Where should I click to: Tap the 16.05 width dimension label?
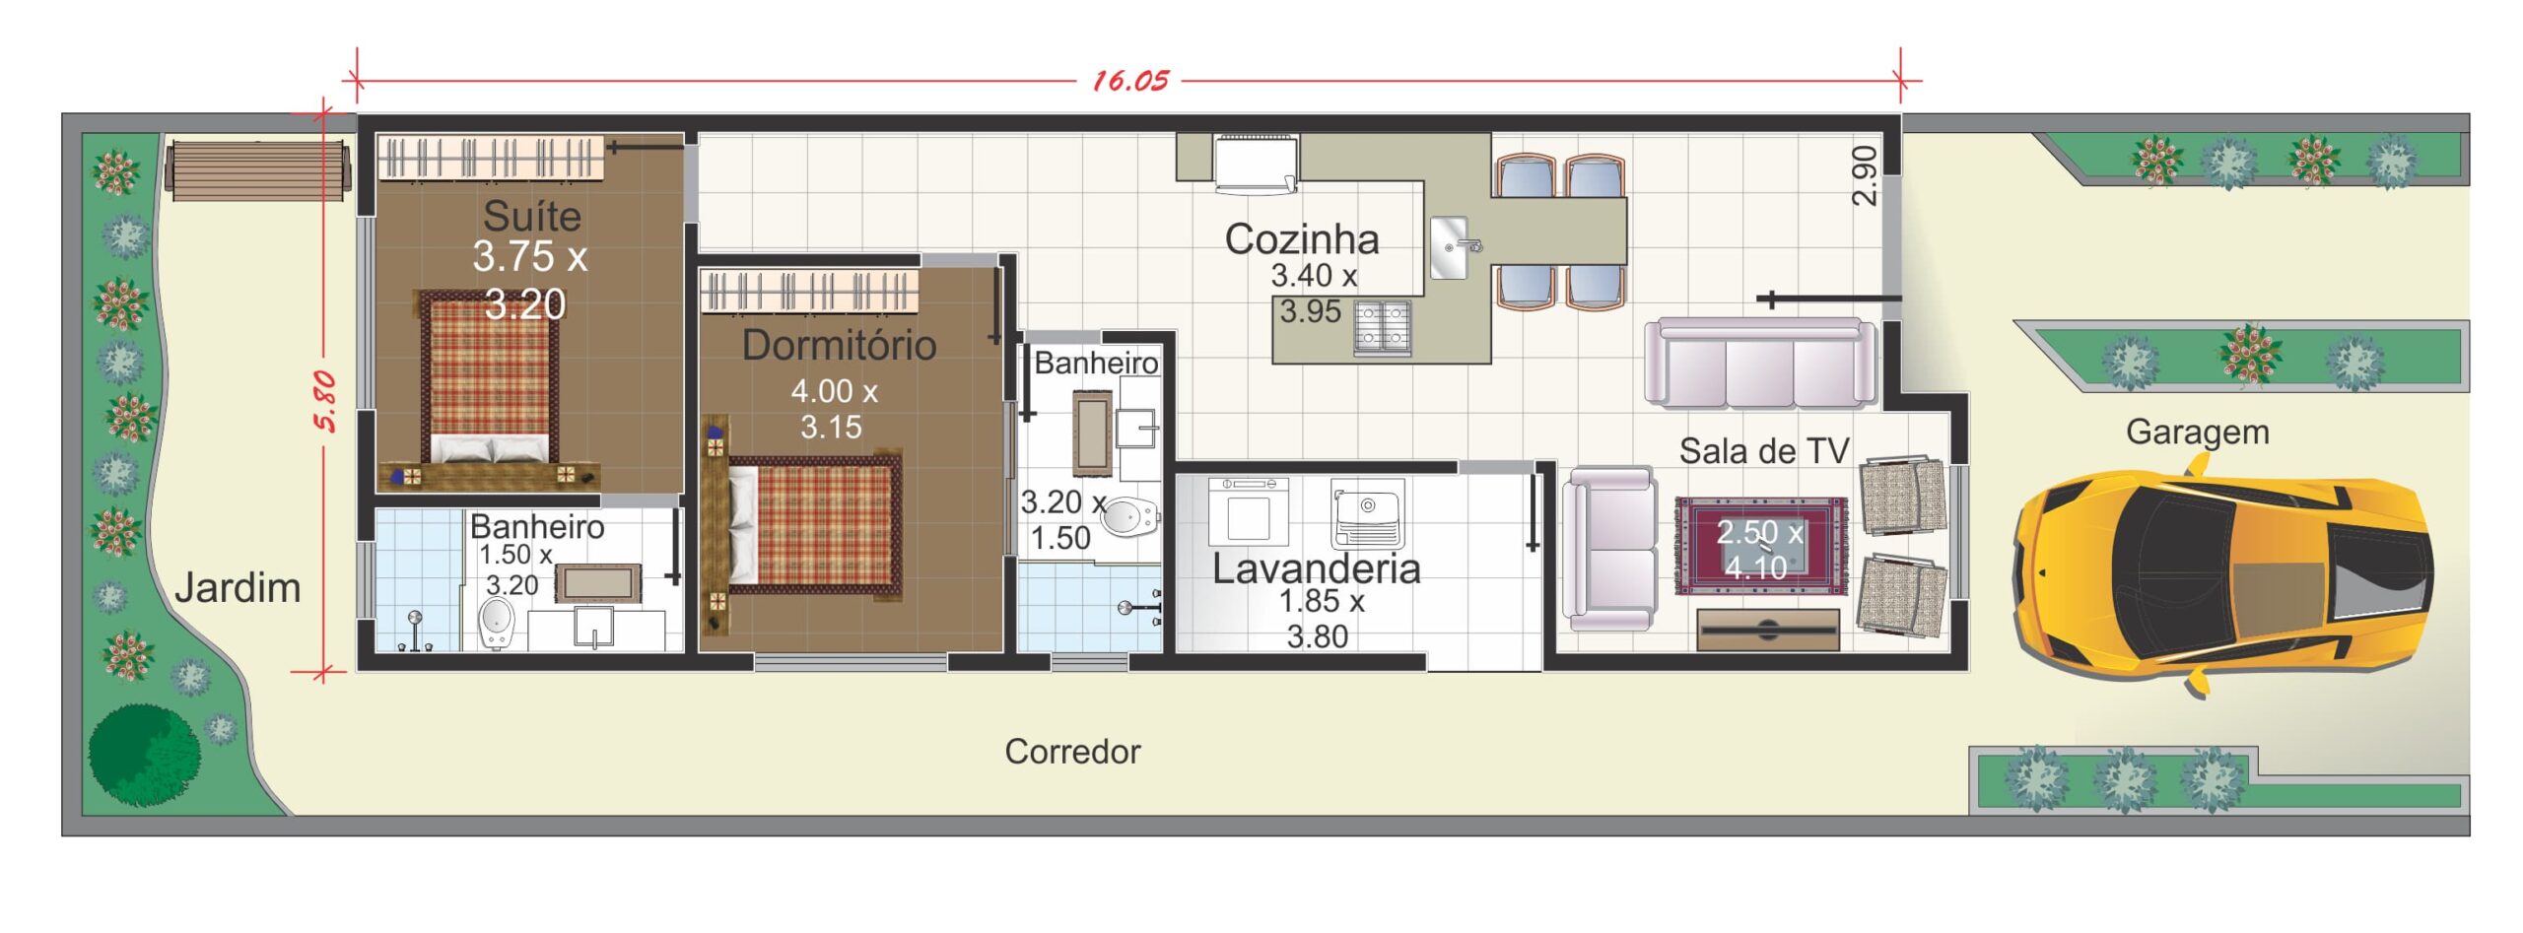click(1130, 81)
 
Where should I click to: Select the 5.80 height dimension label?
click(325, 401)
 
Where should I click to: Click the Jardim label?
click(238, 588)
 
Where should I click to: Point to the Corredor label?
click(1072, 752)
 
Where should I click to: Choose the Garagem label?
click(2198, 433)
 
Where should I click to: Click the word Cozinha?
click(1301, 239)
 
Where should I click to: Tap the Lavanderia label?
click(1316, 568)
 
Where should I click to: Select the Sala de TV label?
click(1764, 451)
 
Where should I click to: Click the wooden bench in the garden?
click(259, 170)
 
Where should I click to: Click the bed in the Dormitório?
click(815, 525)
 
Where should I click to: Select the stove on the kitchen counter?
click(1382, 327)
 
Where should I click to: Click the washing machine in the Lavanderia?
click(1248, 511)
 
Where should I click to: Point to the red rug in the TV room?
click(1761, 547)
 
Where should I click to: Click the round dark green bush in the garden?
click(144, 755)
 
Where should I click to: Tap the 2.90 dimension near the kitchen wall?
click(1864, 175)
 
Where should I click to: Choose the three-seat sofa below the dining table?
click(1761, 363)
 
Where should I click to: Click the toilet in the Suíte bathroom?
click(496, 625)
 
